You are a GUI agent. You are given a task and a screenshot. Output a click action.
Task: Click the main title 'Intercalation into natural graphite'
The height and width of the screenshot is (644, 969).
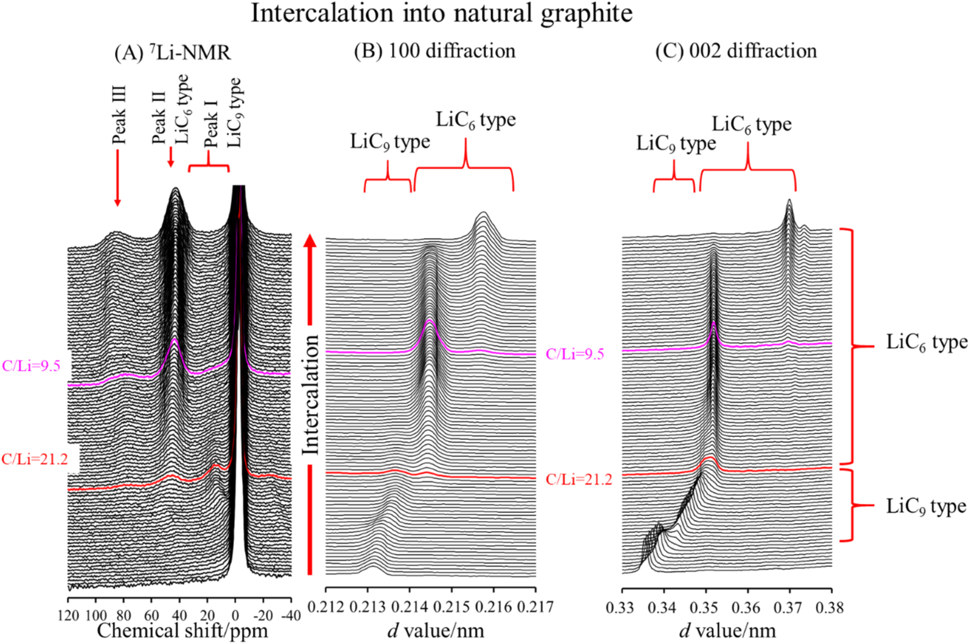[441, 13]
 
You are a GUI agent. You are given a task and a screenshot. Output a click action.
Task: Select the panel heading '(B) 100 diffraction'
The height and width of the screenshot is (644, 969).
[434, 51]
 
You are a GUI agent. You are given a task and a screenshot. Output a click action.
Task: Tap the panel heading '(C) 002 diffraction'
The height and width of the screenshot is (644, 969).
[735, 51]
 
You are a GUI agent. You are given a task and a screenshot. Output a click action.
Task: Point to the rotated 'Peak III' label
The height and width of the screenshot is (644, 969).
[119, 115]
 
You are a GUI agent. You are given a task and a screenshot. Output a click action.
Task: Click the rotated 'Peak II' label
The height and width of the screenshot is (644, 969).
[158, 118]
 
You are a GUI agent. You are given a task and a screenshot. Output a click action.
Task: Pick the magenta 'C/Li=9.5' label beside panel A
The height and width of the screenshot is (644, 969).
[31, 366]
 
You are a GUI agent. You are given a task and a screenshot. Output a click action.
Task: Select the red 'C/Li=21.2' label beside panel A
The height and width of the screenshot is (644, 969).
[35, 459]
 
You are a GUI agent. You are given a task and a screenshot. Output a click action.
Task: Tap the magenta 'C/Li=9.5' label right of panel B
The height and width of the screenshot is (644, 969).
[574, 354]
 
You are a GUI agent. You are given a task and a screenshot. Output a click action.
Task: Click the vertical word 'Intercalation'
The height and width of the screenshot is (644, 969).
[310, 395]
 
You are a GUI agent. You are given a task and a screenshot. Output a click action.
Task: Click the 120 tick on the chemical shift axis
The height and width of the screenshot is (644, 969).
[68, 616]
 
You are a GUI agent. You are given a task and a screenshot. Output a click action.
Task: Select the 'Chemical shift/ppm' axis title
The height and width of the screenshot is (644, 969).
[182, 631]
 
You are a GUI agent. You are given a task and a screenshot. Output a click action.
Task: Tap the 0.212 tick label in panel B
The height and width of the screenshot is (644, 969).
[326, 607]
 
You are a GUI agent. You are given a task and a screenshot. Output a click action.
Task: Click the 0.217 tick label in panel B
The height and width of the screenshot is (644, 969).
[536, 607]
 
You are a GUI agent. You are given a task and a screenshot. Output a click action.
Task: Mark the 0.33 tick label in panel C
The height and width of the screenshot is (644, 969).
[622, 607]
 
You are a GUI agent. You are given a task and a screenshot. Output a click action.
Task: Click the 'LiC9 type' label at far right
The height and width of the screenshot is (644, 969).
[925, 506]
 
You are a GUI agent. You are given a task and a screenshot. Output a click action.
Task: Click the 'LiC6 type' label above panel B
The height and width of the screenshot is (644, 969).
[475, 120]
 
